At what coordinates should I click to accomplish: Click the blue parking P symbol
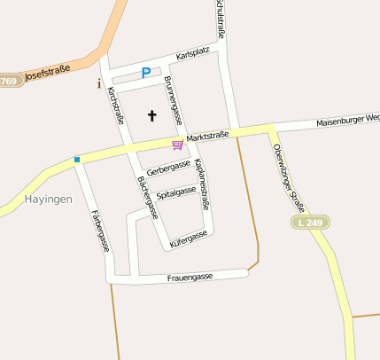tap(146, 73)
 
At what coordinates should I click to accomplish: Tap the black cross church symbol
tap(151, 115)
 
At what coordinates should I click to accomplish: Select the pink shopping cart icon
tap(177, 144)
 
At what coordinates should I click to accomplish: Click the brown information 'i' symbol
tap(98, 84)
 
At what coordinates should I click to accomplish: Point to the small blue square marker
tap(77, 160)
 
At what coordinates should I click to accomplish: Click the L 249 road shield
tap(310, 221)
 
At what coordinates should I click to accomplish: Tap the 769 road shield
tap(9, 82)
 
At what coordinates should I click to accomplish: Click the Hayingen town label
tap(49, 200)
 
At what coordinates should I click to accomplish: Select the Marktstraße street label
tap(208, 137)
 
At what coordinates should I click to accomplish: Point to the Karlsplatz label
tap(192, 54)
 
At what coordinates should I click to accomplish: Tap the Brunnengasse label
tap(173, 99)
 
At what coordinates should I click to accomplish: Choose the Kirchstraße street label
tap(116, 110)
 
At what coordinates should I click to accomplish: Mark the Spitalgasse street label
tap(175, 192)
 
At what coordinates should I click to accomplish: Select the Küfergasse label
tap(187, 238)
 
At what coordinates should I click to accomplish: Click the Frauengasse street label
tap(190, 278)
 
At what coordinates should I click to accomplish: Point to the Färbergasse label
tap(100, 231)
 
